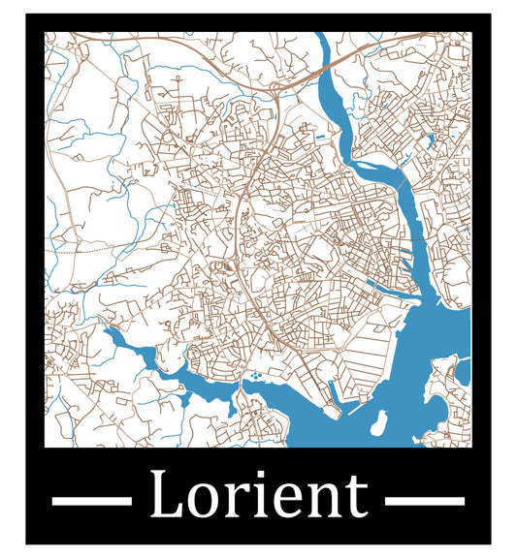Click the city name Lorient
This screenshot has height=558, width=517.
(258, 495)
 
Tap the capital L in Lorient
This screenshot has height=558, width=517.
(166, 495)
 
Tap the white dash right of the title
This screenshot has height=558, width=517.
(425, 501)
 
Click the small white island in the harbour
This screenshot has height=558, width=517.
(379, 422)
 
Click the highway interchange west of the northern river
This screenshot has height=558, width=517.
(277, 90)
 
